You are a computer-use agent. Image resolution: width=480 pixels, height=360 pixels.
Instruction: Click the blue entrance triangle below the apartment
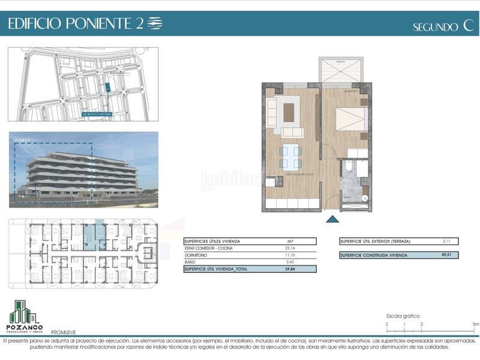[x=331, y=220]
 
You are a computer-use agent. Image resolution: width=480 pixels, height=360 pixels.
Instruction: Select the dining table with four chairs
[x=290, y=155]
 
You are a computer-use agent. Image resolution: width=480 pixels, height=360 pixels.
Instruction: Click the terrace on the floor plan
[x=342, y=70]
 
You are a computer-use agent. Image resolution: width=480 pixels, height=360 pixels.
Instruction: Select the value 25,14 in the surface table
[x=290, y=248]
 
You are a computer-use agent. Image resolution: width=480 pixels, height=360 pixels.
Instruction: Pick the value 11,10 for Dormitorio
[x=290, y=255]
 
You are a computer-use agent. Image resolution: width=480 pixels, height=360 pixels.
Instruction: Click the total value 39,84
[x=290, y=269]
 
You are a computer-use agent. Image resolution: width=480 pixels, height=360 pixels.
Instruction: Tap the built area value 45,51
[x=445, y=255]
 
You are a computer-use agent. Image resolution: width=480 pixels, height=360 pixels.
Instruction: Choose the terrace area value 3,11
[x=445, y=241]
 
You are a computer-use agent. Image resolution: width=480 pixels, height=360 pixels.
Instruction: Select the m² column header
[x=290, y=241]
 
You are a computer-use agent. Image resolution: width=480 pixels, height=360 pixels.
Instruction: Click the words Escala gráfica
[x=403, y=316]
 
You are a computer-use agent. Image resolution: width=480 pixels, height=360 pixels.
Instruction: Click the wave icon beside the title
[x=155, y=23]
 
